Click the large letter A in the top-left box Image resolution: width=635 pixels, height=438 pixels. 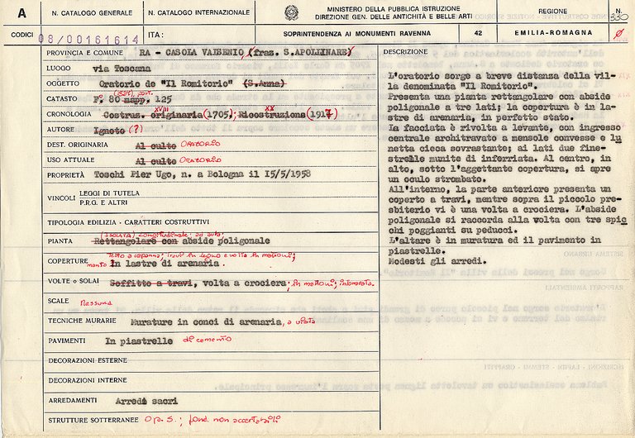pos(21,13)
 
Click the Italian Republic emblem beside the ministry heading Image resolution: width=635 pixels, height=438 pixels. pos(291,12)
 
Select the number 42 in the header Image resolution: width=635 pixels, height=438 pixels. pos(478,32)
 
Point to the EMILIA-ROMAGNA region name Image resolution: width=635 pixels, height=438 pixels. pos(564,32)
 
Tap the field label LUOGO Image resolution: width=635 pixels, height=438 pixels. pos(60,69)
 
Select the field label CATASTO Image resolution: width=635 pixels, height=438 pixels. pos(64,99)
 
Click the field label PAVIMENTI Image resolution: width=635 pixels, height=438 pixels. pos(67,340)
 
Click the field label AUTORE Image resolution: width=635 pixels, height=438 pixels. pos(61,130)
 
